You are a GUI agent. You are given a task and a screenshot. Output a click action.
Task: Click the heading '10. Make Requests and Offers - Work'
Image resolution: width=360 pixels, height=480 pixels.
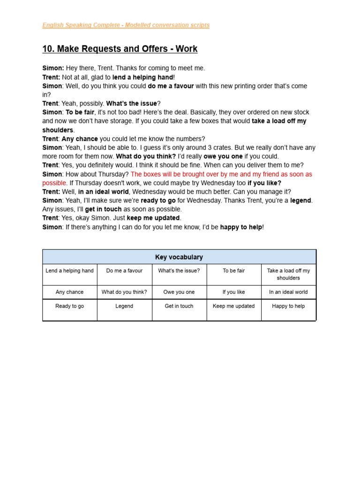(120, 49)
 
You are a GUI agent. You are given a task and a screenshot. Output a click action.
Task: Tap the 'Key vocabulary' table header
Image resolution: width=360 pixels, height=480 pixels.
(179, 257)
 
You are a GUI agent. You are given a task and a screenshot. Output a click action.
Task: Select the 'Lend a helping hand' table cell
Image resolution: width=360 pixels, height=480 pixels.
(70, 270)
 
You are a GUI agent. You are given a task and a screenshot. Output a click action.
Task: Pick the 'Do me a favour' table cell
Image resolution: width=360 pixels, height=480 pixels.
(124, 270)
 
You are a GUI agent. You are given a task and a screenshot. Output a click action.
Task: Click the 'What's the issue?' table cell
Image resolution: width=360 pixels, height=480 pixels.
(179, 270)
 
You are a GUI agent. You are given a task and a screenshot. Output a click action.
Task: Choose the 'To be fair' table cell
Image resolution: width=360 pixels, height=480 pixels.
(234, 270)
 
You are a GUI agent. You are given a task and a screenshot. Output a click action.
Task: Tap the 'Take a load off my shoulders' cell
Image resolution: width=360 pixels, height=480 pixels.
(288, 274)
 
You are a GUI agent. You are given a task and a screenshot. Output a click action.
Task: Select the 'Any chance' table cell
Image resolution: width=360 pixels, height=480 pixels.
(70, 292)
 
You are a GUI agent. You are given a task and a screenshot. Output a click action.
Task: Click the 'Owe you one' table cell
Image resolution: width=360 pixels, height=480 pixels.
(179, 292)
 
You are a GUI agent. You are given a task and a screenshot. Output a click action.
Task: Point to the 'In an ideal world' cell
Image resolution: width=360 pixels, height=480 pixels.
(288, 292)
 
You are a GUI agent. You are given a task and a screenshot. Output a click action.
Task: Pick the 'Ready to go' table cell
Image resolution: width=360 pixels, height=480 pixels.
(70, 306)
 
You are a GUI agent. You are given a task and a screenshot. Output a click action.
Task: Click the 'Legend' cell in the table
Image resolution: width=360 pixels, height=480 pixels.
(124, 306)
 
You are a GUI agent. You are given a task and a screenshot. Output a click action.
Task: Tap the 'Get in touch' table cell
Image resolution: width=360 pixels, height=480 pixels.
(179, 306)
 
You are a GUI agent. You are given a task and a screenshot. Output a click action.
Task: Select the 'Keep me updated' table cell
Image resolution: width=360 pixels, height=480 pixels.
(234, 306)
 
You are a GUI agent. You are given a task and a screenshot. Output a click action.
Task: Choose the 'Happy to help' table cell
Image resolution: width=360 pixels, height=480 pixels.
(288, 306)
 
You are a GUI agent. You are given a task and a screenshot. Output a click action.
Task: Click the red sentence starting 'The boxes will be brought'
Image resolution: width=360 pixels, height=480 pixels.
(220, 174)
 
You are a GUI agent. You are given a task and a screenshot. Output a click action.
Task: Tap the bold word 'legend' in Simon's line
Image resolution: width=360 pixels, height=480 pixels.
(301, 201)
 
